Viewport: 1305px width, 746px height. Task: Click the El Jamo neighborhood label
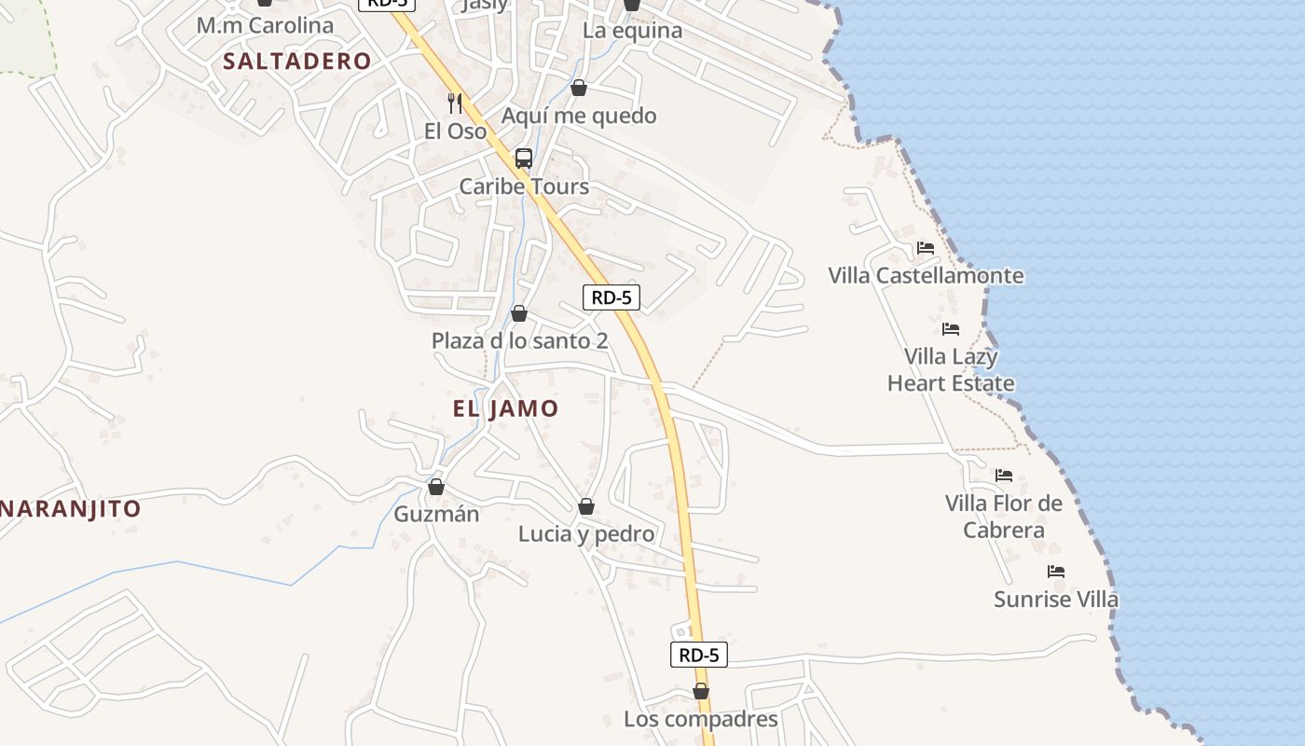tap(505, 408)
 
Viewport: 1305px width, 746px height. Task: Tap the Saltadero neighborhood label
tap(297, 62)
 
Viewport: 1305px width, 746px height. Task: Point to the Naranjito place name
tap(71, 509)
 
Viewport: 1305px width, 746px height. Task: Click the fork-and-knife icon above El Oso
tap(455, 103)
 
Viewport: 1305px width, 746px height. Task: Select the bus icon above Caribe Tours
tap(524, 159)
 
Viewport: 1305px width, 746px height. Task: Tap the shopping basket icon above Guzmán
tap(435, 487)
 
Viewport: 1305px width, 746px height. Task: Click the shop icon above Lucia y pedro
tap(586, 506)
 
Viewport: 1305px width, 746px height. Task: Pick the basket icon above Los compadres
tap(701, 691)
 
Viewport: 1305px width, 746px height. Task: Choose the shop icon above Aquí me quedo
tap(579, 88)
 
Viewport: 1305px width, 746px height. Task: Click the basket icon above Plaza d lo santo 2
tap(519, 313)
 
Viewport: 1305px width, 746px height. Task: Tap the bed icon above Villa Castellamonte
tap(926, 248)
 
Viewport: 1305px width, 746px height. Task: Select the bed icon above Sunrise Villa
tap(1056, 572)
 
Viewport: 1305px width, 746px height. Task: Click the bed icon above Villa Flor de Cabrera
tap(1004, 476)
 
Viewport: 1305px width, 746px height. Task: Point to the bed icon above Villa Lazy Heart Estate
tap(951, 329)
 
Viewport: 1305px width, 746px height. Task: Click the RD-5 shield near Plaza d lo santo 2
tap(611, 297)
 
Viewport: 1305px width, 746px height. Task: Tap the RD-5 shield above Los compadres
tap(698, 655)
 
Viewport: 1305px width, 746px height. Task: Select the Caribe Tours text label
tap(524, 186)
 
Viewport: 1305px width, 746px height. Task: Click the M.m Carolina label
tap(265, 25)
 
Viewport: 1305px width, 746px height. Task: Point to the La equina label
tap(632, 30)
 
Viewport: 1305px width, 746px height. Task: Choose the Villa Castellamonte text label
tap(926, 276)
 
